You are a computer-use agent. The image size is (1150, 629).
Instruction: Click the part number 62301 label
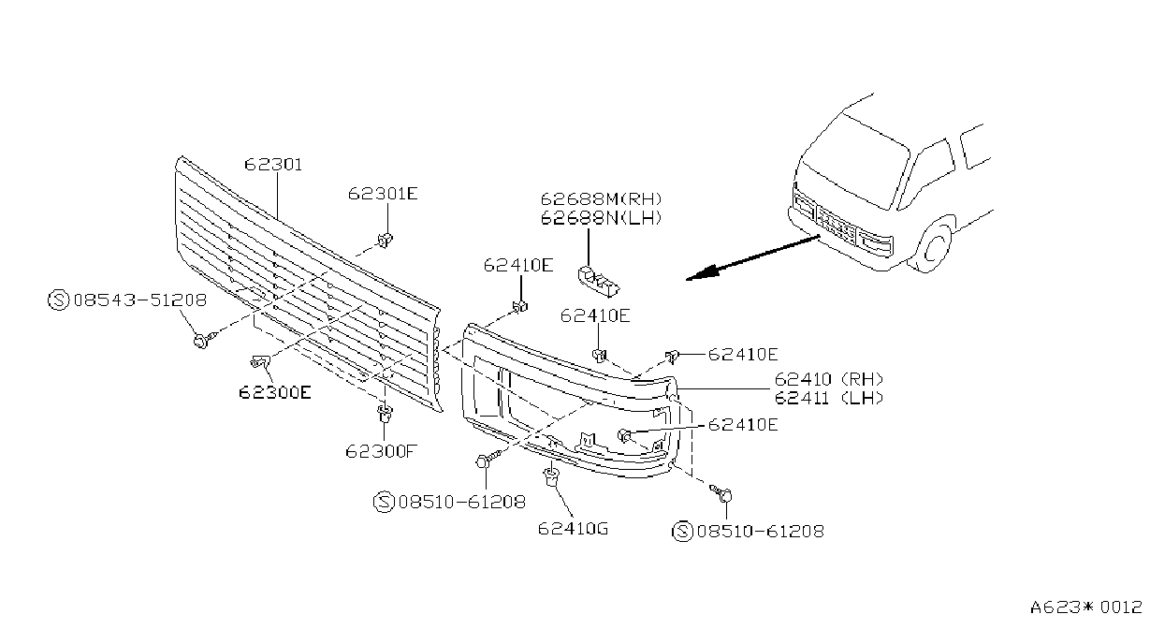click(273, 165)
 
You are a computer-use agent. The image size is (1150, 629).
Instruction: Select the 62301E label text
click(383, 194)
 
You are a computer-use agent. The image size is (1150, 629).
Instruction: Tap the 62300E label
click(275, 393)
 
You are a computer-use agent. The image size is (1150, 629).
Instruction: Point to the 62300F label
click(381, 451)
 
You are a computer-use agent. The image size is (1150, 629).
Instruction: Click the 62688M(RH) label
click(601, 198)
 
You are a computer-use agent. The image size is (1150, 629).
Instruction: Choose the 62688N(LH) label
click(601, 218)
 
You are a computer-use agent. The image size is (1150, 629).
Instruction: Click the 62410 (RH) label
click(829, 379)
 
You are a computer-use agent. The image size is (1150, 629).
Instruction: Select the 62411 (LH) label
click(829, 398)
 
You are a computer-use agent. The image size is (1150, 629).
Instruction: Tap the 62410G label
click(573, 528)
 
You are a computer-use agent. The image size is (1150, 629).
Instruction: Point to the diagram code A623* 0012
click(1086, 607)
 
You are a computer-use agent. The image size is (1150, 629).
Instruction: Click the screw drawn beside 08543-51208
click(205, 340)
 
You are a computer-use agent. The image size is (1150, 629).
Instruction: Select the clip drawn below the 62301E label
click(385, 240)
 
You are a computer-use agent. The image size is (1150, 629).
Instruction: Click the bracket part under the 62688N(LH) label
click(599, 281)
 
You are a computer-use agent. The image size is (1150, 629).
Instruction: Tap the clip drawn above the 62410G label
click(551, 476)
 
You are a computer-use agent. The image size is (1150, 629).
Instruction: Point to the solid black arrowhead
click(703, 273)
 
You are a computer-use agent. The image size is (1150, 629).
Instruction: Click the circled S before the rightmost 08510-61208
click(682, 531)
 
